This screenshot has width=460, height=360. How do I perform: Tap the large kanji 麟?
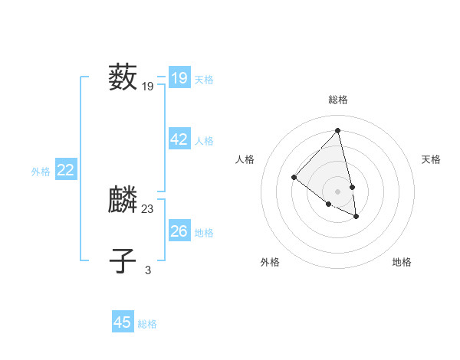coord(123,201)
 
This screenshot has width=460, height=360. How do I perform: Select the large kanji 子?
coord(123,261)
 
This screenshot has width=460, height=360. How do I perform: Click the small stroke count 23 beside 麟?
coord(148,208)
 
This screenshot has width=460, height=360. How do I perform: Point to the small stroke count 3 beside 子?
coord(148,270)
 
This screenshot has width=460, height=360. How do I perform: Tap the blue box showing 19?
coord(179,78)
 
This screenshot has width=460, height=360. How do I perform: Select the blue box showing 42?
coord(179,139)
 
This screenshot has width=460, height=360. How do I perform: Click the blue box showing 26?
coord(179,231)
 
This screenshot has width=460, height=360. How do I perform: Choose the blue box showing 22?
coord(65,171)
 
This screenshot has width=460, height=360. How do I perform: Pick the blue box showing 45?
coord(123,322)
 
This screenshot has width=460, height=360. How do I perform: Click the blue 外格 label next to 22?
coord(41,172)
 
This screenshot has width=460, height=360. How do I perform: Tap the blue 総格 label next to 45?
coord(147,324)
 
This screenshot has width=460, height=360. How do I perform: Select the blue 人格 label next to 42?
coord(204,141)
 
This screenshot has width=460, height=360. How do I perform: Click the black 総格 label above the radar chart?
coord(338,100)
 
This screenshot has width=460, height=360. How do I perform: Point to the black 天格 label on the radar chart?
coord(432,159)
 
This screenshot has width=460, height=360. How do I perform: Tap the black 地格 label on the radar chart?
coord(402,262)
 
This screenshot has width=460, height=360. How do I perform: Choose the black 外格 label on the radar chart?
coord(270,262)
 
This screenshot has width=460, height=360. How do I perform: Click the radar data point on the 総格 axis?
coord(338,130)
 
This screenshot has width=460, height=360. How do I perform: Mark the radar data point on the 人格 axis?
coord(294,177)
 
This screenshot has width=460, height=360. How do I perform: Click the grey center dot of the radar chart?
coord(338,191)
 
